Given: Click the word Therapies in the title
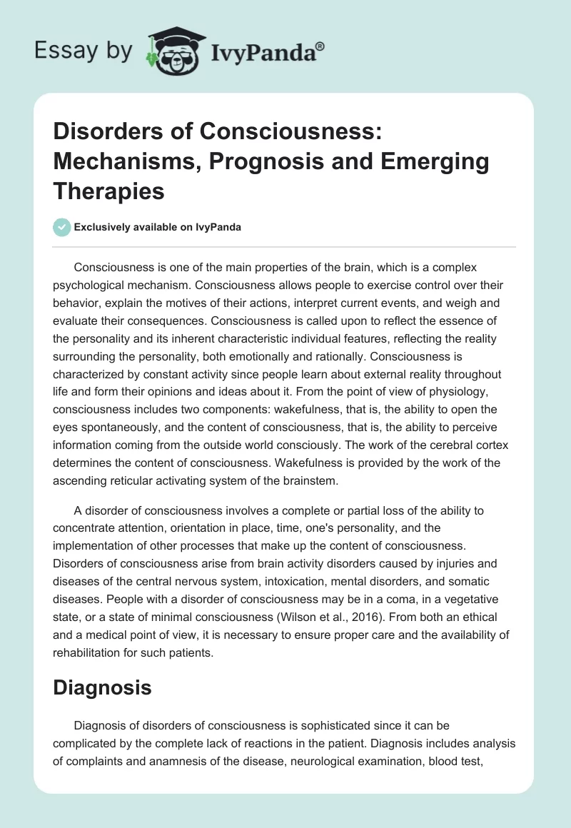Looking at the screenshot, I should click(x=109, y=191).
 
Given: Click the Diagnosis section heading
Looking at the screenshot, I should click(x=103, y=667).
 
